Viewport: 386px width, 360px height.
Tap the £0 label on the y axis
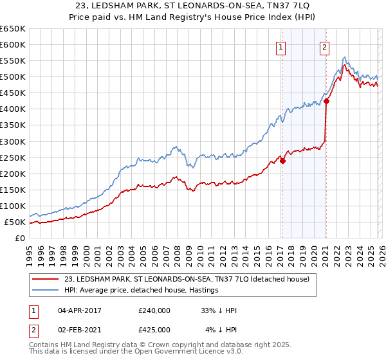[21, 239]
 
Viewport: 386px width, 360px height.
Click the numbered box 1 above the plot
[282, 46]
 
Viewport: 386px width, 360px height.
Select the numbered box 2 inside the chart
[325, 46]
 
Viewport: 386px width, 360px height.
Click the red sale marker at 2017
[282, 161]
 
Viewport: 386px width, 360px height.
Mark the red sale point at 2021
[326, 101]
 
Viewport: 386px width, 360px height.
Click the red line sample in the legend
[46, 279]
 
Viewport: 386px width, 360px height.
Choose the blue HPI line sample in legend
[46, 290]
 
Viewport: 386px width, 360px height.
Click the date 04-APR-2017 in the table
[79, 310]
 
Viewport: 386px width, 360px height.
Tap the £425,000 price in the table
[154, 330]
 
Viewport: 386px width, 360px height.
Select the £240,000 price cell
[154, 310]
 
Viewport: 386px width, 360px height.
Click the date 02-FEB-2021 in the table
[79, 330]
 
